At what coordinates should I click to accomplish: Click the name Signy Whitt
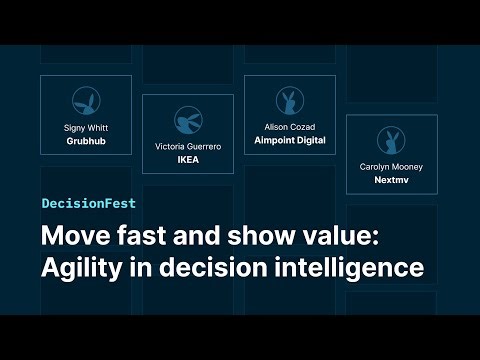click(x=86, y=128)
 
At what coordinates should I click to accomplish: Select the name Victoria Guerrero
click(x=188, y=146)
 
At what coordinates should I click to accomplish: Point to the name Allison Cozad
click(x=289, y=128)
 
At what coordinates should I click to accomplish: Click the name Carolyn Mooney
click(x=391, y=167)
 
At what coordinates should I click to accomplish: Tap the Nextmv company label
click(x=391, y=181)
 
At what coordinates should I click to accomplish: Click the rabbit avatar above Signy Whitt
click(x=86, y=101)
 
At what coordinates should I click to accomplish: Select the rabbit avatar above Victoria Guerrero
click(x=188, y=119)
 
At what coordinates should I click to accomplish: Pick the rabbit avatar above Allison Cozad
click(x=289, y=101)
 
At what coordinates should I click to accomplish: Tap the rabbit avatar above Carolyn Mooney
click(x=391, y=140)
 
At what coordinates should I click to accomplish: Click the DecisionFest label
click(x=89, y=203)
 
